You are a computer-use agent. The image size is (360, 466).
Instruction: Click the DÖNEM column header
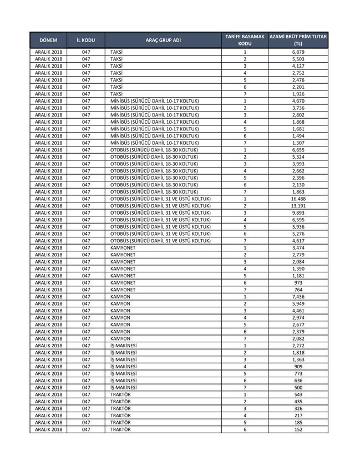pos(49,40)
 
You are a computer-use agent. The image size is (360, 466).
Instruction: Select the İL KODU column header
pos(85,40)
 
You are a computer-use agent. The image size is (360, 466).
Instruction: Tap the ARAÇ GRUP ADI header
pos(163,40)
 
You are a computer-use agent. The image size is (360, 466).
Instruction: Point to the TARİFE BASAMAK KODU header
pos(245,40)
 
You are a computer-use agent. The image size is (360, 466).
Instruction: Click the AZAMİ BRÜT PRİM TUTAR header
pos(298,40)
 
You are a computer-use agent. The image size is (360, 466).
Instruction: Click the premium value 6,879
pos(298,52)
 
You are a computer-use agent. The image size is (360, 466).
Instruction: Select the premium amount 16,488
pos(298,199)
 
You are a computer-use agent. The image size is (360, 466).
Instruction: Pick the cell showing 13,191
pos(298,206)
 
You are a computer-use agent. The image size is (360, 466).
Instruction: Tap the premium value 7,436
pos(298,296)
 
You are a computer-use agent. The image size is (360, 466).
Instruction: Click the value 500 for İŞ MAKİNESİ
pos(298,387)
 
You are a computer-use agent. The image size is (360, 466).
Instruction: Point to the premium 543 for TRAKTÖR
pos(298,394)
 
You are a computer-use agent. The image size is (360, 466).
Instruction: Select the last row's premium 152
pos(298,429)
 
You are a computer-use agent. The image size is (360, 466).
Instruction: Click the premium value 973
pos(298,282)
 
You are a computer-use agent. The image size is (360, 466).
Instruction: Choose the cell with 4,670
pos(298,101)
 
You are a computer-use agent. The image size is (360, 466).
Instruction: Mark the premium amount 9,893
pos(298,212)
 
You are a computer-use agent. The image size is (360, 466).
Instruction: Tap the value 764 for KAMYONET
pos(298,290)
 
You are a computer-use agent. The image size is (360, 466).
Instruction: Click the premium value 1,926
pos(298,94)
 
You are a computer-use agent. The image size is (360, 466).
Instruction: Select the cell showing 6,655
pos(298,150)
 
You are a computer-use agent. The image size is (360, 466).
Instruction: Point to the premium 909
pos(298,366)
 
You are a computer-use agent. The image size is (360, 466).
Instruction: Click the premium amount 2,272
pos(298,345)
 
